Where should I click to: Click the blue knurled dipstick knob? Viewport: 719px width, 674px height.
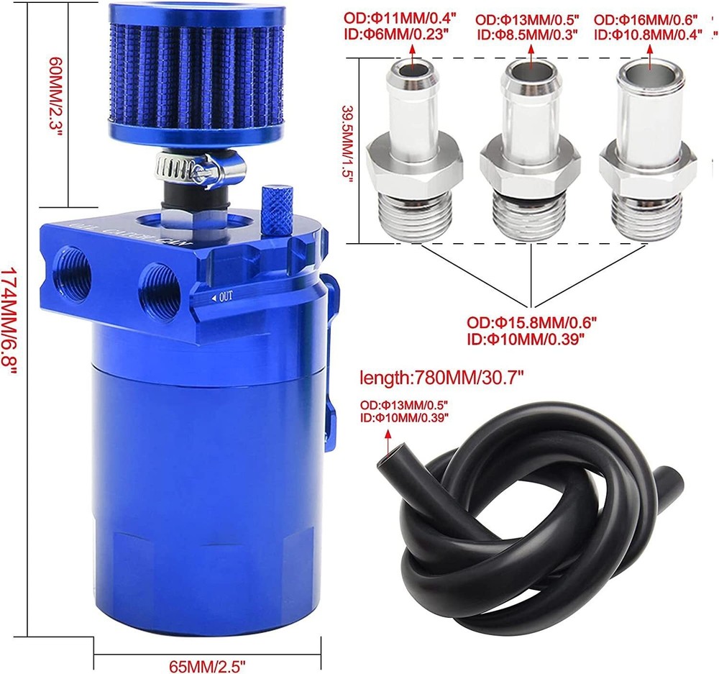click(277, 211)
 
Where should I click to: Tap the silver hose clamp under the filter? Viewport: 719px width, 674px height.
click(199, 168)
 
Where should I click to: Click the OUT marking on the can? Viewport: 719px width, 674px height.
click(222, 297)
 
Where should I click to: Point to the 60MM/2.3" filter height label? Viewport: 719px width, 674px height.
click(55, 96)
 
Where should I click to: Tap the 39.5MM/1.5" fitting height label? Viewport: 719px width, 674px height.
click(349, 145)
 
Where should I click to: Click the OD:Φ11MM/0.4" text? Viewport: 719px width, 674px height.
click(400, 19)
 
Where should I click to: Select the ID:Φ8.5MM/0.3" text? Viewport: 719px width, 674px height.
click(527, 35)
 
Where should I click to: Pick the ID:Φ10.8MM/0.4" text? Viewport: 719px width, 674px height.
click(648, 35)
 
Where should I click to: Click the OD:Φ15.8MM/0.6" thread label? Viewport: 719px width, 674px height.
click(531, 322)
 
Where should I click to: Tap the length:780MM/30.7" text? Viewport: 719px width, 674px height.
click(441, 378)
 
